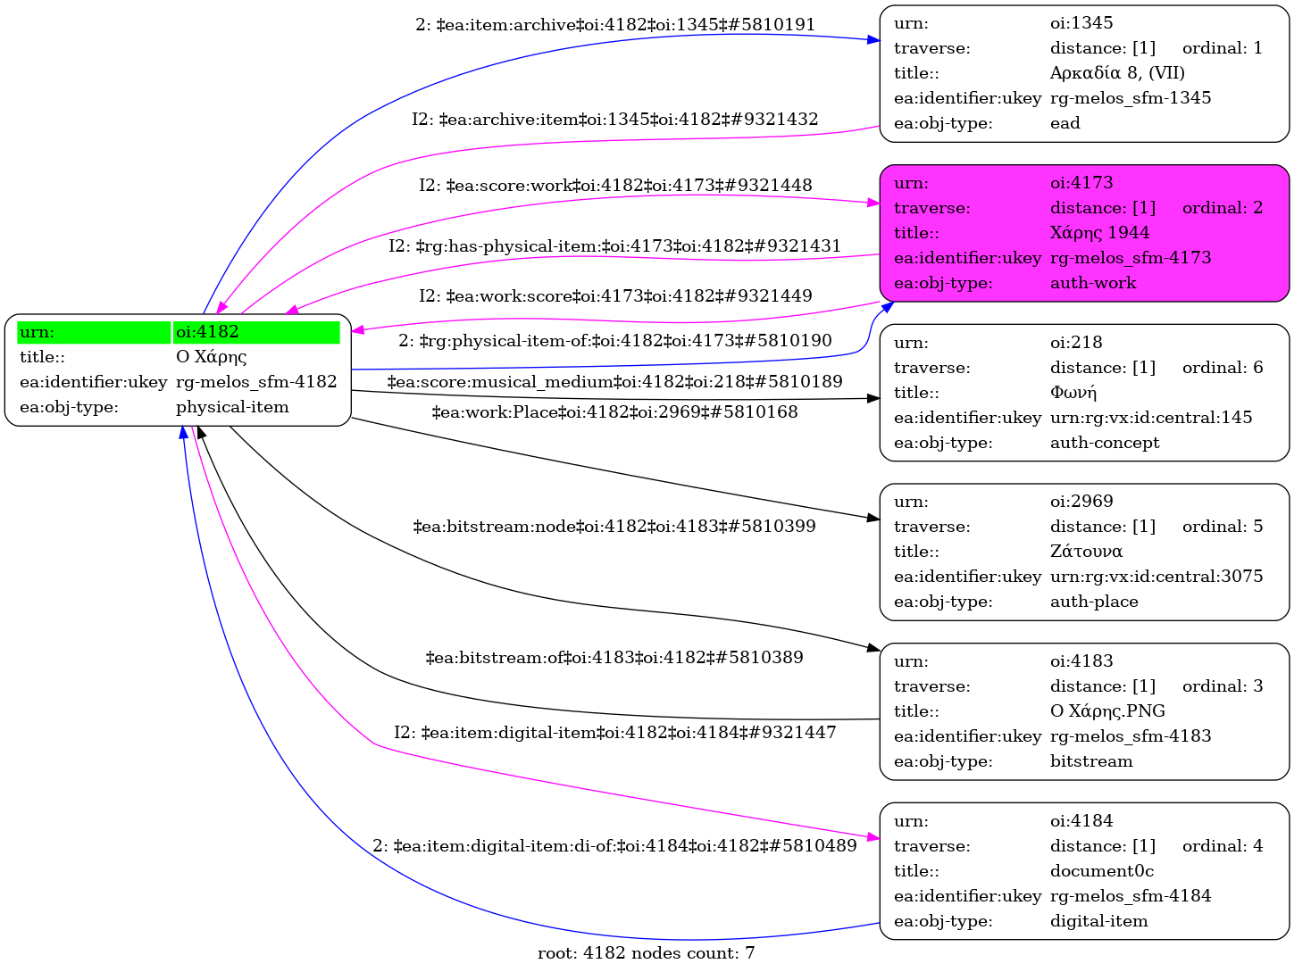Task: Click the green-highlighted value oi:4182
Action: tap(208, 332)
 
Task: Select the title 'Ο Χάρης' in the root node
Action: tap(211, 357)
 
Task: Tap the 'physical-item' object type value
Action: tap(232, 407)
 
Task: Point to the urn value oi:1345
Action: tap(1081, 23)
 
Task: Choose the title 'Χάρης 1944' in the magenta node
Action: tap(1099, 233)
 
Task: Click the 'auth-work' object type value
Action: tap(1093, 283)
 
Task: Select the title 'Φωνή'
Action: tap(1073, 393)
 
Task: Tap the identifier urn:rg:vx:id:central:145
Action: tap(1151, 418)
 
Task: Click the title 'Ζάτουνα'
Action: tap(1086, 552)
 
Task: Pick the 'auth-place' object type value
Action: tap(1094, 602)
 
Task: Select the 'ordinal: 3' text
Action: tap(1223, 686)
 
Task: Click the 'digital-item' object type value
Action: tap(1098, 921)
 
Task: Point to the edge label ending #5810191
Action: tap(615, 25)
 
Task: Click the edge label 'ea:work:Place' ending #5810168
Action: tap(614, 412)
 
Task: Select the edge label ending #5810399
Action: tap(614, 527)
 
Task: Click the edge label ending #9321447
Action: tap(614, 733)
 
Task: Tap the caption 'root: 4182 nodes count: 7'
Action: tap(646, 953)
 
